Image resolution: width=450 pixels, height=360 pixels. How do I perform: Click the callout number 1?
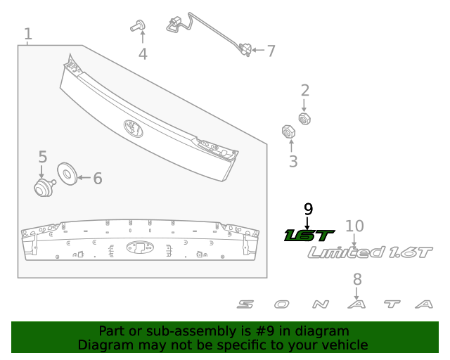point(28,33)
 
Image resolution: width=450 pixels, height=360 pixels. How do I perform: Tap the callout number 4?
point(143,53)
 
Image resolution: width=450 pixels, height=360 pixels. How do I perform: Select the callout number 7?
point(270,51)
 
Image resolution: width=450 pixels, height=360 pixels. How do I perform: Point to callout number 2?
point(305,90)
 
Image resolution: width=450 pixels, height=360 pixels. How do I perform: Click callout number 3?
point(293,161)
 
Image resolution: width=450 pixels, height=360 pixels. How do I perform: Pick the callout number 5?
point(42,157)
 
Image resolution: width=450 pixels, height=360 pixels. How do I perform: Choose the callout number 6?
point(97,179)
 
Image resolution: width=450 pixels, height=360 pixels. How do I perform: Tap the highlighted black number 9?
point(307,209)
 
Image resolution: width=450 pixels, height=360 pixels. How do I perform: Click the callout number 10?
point(355,226)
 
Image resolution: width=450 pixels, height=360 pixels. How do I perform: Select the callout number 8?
point(357,278)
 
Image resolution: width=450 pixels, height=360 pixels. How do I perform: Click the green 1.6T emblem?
point(309,235)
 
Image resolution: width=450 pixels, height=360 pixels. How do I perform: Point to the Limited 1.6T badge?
point(371,252)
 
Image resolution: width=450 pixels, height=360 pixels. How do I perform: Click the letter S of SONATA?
point(245,304)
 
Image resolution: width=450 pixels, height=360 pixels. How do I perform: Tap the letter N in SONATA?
point(320,304)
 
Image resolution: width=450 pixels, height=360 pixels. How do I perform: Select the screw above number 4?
point(138,27)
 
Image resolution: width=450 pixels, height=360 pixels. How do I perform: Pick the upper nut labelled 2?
point(304,117)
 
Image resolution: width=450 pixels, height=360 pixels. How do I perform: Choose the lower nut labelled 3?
point(288,131)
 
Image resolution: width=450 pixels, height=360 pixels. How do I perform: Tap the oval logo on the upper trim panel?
point(133,127)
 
